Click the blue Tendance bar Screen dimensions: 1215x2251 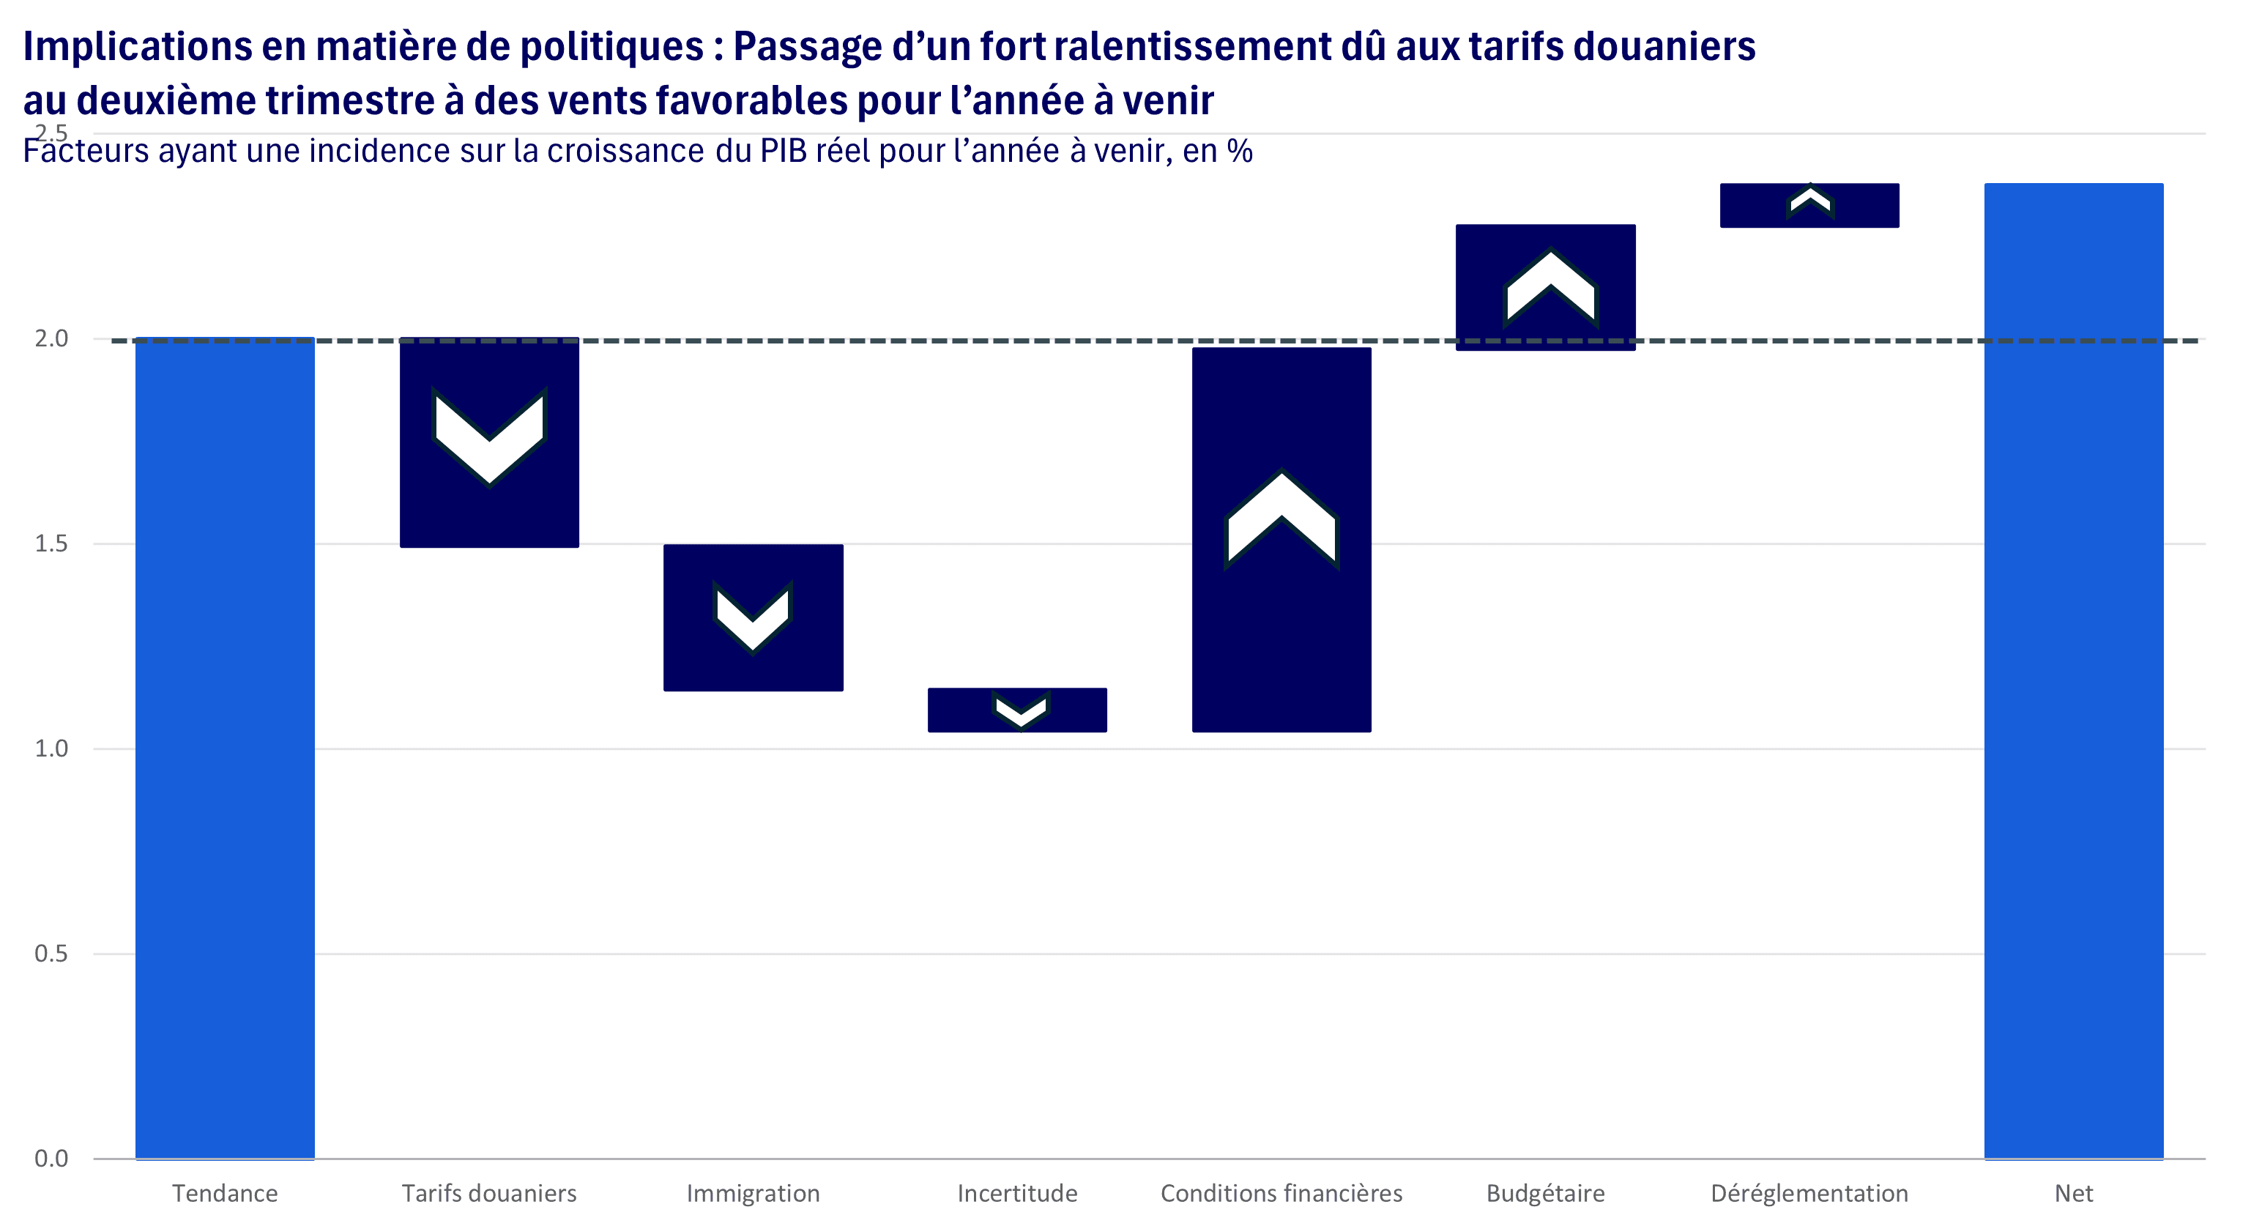click(x=225, y=747)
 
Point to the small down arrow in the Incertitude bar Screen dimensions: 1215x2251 click(x=1021, y=710)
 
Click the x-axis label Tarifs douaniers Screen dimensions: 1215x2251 click(x=488, y=1193)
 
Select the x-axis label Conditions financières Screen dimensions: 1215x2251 click(x=1281, y=1193)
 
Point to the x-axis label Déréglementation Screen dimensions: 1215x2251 click(x=1809, y=1193)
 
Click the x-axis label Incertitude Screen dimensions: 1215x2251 click(x=1017, y=1193)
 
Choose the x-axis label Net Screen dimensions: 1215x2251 click(x=2074, y=1193)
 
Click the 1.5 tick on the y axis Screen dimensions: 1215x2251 click(x=51, y=543)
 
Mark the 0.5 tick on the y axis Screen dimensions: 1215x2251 click(x=51, y=953)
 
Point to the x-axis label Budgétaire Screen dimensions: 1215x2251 click(x=1545, y=1193)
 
